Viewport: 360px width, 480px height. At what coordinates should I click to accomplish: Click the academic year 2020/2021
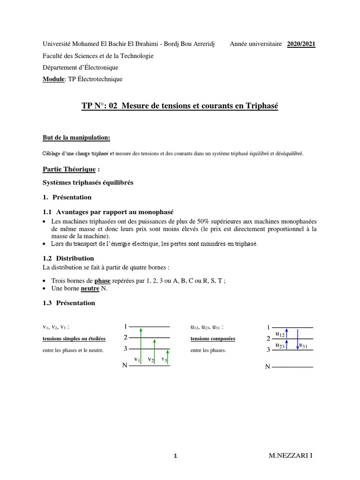(301, 44)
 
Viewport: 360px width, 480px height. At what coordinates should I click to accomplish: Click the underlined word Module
(52, 79)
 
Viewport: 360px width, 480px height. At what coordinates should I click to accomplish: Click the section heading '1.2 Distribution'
(68, 258)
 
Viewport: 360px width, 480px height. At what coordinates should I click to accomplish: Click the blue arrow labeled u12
(287, 333)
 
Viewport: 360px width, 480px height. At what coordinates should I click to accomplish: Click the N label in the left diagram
(125, 365)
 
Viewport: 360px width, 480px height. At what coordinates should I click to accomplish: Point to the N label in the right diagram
(268, 367)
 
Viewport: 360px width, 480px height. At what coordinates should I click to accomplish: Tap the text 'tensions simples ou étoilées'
(74, 339)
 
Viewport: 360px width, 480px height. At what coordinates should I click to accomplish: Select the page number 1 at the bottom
(175, 456)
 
